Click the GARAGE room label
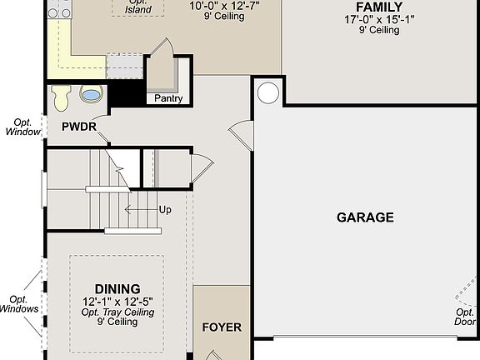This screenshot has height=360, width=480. click(365, 217)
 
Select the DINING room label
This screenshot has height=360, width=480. click(117, 288)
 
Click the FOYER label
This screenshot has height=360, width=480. click(222, 327)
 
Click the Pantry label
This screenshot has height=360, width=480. click(168, 98)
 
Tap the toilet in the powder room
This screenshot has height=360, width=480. click(61, 97)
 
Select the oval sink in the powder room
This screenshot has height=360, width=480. click(92, 95)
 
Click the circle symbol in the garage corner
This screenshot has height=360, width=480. click(267, 92)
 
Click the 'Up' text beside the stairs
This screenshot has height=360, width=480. click(165, 210)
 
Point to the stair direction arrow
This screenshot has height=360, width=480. click(139, 210)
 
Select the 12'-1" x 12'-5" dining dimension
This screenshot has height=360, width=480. click(117, 301)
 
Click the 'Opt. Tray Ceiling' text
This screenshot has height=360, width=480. click(117, 312)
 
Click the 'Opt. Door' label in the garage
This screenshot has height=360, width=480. click(465, 317)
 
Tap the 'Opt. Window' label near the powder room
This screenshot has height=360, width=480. click(21, 126)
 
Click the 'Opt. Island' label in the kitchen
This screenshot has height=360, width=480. click(138, 6)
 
